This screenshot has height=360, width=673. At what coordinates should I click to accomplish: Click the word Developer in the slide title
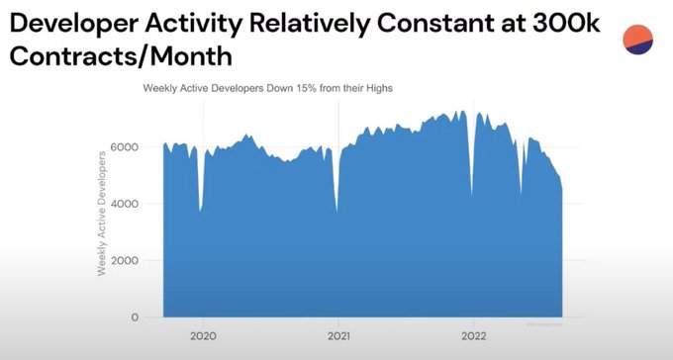74,24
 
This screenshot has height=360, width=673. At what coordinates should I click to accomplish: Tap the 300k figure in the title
565,23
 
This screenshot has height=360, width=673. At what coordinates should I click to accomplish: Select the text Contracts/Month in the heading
121,55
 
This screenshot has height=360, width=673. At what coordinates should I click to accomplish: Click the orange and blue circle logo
637,40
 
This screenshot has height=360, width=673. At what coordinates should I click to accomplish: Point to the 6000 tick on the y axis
125,146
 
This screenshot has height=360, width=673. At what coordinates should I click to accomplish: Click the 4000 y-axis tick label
125,204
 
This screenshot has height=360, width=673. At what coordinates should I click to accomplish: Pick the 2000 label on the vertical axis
125,260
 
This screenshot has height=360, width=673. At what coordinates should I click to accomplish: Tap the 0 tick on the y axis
135,317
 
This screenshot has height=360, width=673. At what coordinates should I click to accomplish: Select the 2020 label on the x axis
203,335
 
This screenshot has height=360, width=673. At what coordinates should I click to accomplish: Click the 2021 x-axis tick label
338,335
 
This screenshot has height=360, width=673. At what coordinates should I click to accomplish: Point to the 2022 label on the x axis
474,335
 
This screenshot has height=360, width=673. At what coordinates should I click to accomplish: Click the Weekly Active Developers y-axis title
101,214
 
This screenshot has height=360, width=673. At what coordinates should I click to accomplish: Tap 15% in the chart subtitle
307,88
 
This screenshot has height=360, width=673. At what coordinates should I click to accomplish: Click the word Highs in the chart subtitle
379,89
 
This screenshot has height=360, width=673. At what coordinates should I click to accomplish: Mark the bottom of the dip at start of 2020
200,212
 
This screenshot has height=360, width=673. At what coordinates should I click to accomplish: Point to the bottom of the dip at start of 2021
336,212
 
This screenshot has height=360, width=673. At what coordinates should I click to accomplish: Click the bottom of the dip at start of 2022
472,196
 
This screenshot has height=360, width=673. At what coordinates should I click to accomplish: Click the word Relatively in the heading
309,24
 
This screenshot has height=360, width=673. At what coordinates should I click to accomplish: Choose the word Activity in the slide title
193,24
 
